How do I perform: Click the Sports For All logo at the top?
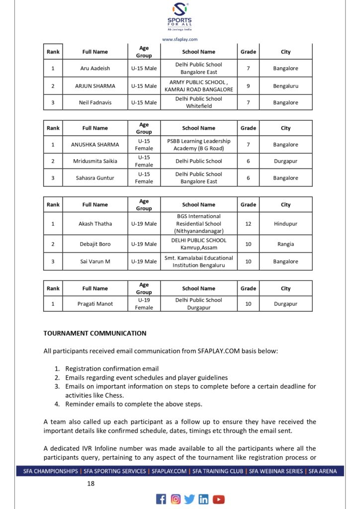[180, 17]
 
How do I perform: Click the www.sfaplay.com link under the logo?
[180, 39]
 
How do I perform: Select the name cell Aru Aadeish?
[95, 69]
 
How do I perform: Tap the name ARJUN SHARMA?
[95, 86]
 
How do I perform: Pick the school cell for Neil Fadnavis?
[199, 102]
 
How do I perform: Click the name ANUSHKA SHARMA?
[95, 145]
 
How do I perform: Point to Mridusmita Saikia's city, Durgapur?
[285, 161]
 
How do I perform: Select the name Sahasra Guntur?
[95, 178]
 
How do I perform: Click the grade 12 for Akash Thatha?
[248, 224]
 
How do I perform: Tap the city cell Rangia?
[285, 244]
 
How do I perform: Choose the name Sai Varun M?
[95, 261]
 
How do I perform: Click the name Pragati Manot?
[95, 304]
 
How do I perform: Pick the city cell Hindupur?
[285, 224]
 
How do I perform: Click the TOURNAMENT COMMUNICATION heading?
[95, 334]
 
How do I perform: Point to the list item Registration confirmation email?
[112, 369]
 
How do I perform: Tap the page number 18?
[91, 483]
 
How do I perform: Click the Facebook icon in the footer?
[161, 499]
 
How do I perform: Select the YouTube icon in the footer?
[219, 499]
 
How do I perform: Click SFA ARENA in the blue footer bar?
[322, 471]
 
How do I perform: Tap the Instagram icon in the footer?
[176, 499]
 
